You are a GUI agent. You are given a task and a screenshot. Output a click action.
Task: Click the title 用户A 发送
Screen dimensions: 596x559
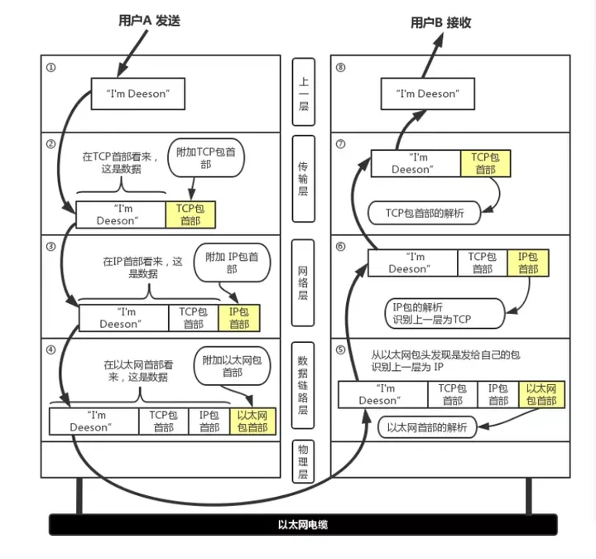click(149, 20)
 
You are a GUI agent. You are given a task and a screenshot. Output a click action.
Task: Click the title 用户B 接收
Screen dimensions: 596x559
click(440, 22)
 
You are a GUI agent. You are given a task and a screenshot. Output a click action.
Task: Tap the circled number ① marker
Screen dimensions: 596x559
click(50, 67)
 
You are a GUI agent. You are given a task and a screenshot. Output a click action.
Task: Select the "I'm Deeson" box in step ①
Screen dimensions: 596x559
click(138, 94)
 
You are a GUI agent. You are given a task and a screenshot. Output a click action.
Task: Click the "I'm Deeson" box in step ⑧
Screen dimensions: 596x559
click(428, 94)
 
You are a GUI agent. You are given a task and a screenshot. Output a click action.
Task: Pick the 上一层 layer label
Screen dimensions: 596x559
click(303, 92)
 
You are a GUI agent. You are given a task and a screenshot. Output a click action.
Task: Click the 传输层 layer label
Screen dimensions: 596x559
click(303, 179)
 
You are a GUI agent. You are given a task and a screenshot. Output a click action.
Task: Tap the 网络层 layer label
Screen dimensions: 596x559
click(303, 282)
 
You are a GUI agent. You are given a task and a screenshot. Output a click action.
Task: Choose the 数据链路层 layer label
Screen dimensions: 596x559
click(303, 385)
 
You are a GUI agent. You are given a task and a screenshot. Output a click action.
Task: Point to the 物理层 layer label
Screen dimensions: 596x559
click(303, 461)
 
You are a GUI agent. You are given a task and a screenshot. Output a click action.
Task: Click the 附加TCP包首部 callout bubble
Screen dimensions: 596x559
click(206, 158)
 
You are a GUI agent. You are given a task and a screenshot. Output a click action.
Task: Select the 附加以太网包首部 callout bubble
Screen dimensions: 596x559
click(232, 366)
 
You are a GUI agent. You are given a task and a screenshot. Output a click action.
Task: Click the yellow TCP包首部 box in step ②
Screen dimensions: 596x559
click(190, 214)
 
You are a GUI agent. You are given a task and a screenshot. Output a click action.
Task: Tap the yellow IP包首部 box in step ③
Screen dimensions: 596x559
click(239, 318)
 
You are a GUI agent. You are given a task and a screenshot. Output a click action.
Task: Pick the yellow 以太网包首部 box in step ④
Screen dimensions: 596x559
click(252, 422)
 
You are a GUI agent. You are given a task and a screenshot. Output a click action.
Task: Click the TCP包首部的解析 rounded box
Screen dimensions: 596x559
click(424, 213)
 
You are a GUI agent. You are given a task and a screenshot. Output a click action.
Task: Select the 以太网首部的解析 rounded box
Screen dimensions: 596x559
click(427, 427)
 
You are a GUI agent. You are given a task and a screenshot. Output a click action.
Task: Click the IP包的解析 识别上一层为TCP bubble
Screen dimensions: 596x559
click(444, 313)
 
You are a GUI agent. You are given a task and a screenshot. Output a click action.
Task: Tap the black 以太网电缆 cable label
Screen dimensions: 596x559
click(303, 525)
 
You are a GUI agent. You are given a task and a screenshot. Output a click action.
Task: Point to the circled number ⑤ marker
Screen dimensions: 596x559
click(340, 349)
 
